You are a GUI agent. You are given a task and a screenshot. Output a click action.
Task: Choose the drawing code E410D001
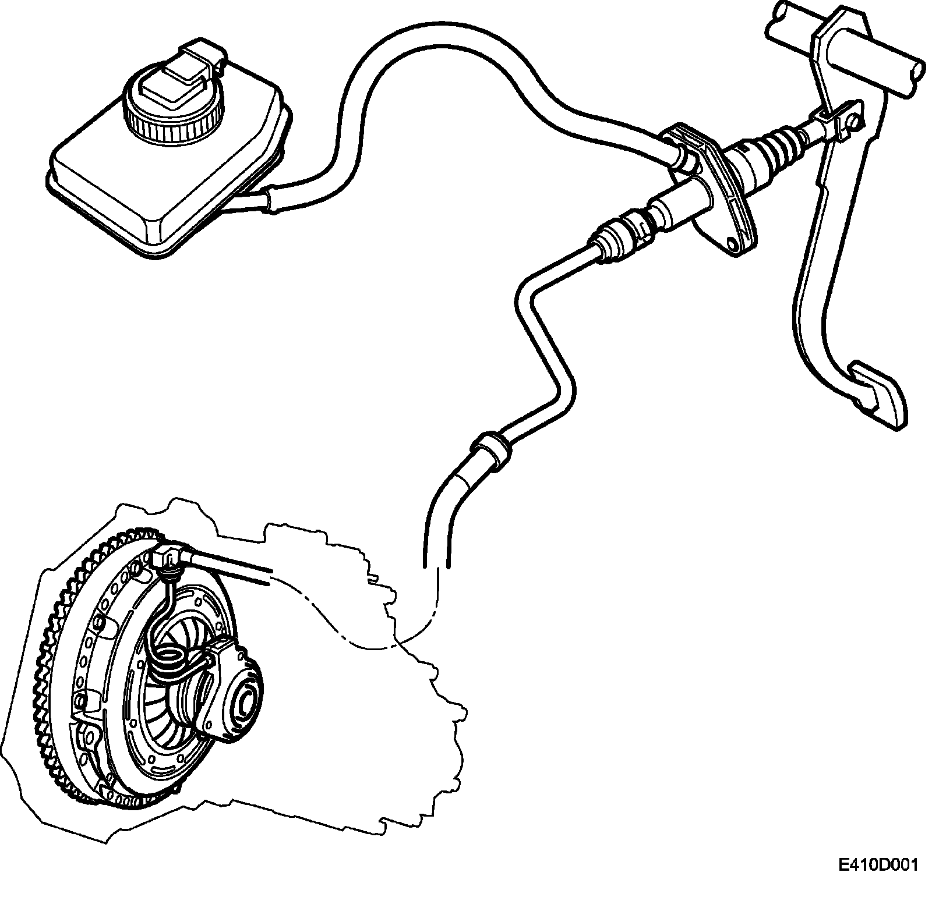click(878, 881)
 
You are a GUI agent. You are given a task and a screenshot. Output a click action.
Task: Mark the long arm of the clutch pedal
click(815, 233)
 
